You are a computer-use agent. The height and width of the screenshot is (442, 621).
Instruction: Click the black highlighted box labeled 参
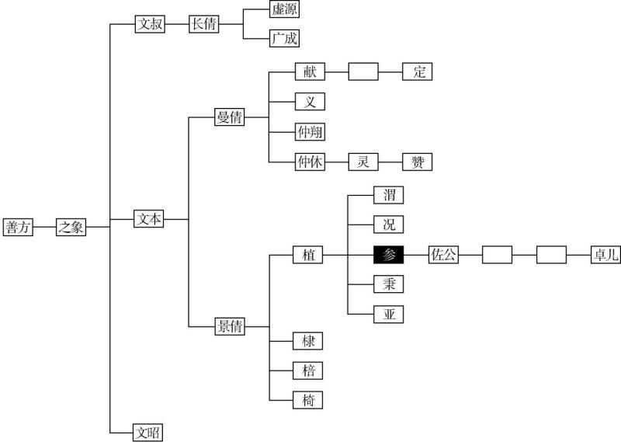point(389,254)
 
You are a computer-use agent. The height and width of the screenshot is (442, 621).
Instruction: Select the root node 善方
point(19,227)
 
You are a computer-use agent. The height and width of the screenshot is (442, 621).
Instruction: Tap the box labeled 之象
point(71,227)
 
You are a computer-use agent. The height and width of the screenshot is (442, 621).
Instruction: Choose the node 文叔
point(150,24)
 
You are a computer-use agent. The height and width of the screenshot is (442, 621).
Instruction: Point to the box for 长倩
point(204,24)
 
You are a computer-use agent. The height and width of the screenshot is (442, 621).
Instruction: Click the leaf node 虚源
point(284,10)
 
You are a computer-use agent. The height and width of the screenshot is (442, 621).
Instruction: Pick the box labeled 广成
point(284,38)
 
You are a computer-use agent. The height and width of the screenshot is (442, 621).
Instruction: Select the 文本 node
point(149,220)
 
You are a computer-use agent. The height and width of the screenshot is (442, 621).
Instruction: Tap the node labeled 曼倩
point(229,118)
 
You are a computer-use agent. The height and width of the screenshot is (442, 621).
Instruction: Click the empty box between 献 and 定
point(363,72)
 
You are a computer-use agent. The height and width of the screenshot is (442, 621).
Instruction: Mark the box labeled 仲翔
point(310,132)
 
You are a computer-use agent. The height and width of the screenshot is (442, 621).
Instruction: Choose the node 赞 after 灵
point(417,162)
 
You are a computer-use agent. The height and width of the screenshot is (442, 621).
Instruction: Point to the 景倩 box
point(229,327)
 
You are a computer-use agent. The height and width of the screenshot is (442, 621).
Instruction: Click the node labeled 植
point(308,254)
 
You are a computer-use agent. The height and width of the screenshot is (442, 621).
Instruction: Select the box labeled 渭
point(389,194)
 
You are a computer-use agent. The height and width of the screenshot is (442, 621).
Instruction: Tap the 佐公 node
point(443,254)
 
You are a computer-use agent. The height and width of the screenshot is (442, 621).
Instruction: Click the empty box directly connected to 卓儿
point(551,254)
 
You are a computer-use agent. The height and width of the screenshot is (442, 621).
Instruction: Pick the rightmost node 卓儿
point(605,254)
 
